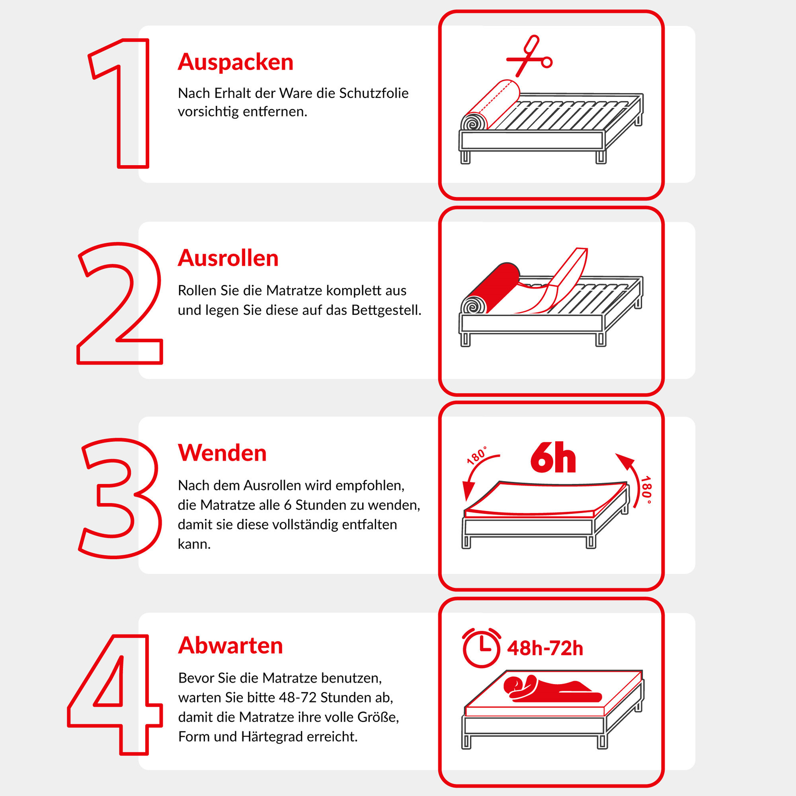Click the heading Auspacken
[235, 62]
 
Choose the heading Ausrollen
[228, 258]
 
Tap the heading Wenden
[222, 453]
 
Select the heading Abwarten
[230, 646]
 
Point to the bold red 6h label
[553, 458]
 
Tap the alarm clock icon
[481, 647]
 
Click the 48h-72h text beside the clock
[545, 649]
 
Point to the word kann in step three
[194, 544]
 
